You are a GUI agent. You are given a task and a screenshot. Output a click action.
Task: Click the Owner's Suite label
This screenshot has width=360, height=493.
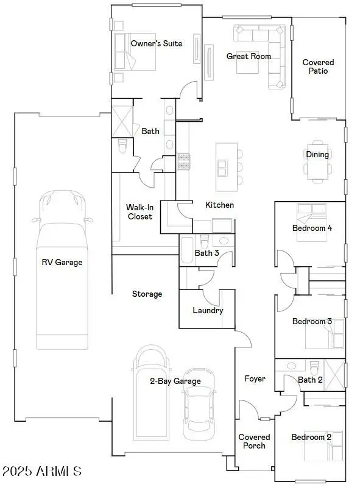coord(157,44)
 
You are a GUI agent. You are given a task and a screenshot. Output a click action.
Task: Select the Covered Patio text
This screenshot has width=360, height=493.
coord(318,66)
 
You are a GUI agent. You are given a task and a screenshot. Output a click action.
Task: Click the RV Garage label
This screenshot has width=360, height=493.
coord(62,263)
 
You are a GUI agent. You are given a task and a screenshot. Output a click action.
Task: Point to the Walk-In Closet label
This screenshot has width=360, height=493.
coord(139,211)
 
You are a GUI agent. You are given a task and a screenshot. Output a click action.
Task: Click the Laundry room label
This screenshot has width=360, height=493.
coord(208,310)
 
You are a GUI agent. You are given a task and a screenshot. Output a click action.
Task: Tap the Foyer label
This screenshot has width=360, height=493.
coord(255,379)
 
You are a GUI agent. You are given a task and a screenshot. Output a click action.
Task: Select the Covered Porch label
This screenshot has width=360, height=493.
coord(254,441)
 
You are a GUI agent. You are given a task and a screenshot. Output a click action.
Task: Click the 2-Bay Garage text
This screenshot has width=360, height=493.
coord(175,381)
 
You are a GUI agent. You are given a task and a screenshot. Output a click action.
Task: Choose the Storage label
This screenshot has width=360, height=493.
coord(147,294)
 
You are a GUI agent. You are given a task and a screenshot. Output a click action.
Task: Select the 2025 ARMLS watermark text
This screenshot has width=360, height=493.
coord(41,471)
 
